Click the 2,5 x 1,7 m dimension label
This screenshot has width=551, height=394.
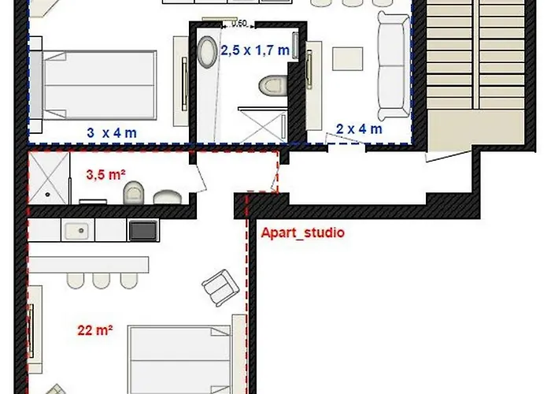point(254,50)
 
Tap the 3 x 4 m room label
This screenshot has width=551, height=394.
point(111,132)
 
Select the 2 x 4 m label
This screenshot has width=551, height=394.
point(359,129)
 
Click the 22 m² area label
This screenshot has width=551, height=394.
point(94,331)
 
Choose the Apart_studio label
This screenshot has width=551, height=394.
point(302,233)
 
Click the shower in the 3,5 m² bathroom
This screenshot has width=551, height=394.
point(49,180)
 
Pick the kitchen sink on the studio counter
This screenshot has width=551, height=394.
point(77,230)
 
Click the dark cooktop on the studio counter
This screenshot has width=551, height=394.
point(142,230)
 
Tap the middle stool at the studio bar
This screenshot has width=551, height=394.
point(101,281)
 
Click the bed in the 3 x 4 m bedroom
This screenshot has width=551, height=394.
point(98,82)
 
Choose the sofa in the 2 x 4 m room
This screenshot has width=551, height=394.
point(394,67)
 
